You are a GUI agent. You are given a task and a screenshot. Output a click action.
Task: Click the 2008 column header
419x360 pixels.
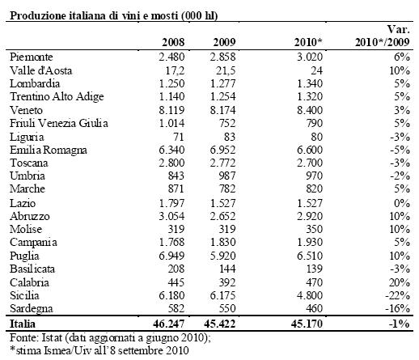coord(173,42)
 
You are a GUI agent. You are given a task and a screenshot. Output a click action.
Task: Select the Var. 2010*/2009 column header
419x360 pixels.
coord(383,36)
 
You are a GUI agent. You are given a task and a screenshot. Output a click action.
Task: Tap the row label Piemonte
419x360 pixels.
coord(32,57)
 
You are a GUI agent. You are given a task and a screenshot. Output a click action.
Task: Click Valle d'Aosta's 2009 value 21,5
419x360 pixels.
coord(226,70)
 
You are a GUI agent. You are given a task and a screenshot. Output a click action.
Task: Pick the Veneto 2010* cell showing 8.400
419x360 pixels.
coord(310,110)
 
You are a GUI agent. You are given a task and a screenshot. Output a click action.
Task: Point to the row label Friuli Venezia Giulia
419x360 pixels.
coord(59,123)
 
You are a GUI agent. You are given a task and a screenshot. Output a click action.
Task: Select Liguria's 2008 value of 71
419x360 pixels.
coord(179,137)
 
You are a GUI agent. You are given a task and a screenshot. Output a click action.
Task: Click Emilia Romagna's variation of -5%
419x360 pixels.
coord(400,150)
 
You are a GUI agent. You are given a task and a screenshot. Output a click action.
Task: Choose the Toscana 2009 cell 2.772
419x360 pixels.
coord(222,163)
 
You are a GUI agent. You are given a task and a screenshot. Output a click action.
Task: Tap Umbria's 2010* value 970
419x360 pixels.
coord(314,176)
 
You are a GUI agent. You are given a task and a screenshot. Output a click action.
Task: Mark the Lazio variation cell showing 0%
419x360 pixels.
coord(402,203)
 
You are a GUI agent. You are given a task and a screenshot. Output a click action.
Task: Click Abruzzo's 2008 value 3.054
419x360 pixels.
coord(171,216)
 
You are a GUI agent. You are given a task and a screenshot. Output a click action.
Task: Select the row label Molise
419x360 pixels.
coord(26,229)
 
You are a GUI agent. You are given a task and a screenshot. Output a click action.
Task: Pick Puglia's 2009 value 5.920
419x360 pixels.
coord(222,256)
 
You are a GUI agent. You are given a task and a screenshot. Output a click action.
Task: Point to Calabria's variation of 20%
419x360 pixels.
coord(400,282)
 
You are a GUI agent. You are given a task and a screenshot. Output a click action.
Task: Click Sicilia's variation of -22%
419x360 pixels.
coord(397,295)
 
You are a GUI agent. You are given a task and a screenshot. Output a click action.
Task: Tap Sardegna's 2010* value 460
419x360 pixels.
coord(314,308)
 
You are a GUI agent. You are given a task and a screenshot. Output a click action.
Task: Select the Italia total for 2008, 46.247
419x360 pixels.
coord(169,324)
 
